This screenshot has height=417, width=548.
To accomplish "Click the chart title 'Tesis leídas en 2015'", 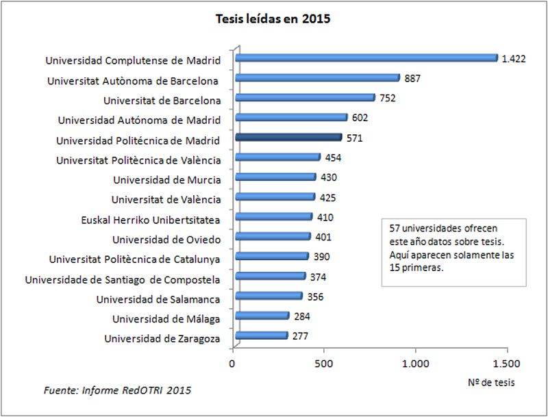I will [x=273, y=19].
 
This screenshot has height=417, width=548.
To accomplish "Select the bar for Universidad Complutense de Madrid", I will [x=366, y=58].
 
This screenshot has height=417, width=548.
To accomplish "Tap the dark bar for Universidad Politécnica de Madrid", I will [x=288, y=138].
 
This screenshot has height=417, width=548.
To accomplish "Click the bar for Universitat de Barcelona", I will [x=306, y=98].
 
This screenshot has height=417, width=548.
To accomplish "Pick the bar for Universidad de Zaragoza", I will [x=262, y=336].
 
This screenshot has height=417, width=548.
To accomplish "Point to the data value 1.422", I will [x=513, y=59].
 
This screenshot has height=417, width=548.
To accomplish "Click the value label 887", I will [x=412, y=78].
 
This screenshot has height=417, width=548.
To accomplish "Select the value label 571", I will [x=354, y=138].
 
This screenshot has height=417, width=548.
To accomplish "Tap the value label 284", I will [x=301, y=316].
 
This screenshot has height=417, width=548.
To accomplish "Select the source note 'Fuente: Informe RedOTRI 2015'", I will [x=117, y=391].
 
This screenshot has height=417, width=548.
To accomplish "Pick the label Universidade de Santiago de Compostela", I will [x=123, y=279].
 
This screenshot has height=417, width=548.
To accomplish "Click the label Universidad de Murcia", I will [x=166, y=180].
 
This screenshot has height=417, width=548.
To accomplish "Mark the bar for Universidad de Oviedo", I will [x=273, y=237].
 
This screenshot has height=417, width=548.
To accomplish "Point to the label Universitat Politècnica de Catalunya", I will [x=134, y=260].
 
